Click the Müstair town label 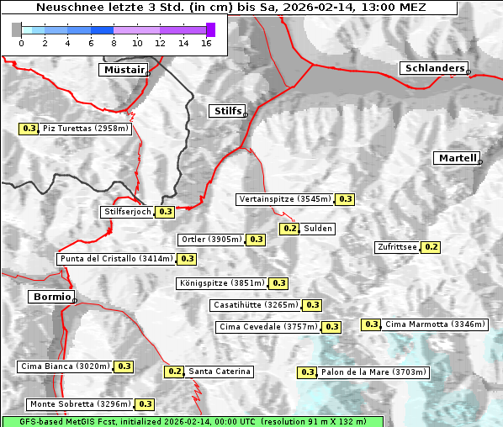click(x=123, y=70)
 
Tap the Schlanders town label click(x=433, y=69)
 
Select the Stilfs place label click(x=226, y=111)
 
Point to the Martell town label click(x=457, y=158)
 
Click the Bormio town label click(x=50, y=297)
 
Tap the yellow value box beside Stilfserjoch click(x=166, y=212)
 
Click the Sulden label click(x=318, y=229)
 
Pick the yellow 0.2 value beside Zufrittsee click(x=431, y=247)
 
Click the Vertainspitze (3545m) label click(x=284, y=199)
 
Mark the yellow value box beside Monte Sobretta click(x=146, y=404)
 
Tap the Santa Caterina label click(x=219, y=372)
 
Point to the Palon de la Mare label click(x=373, y=372)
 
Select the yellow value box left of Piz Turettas click(x=29, y=129)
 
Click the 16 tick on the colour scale click(x=206, y=43)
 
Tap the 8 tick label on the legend click(x=114, y=43)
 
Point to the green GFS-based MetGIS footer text click(x=192, y=421)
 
